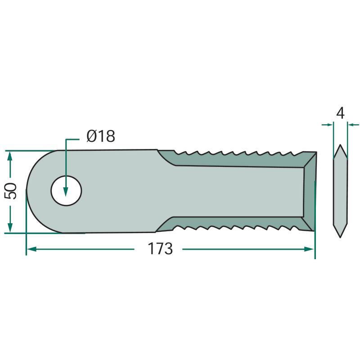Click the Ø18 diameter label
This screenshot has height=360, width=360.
(x=101, y=136)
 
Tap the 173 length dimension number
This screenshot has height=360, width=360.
(x=160, y=249)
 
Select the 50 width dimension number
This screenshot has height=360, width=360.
(x=11, y=191)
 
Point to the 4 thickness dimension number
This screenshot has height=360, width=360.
(x=340, y=113)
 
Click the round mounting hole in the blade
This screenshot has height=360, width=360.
(x=66, y=191)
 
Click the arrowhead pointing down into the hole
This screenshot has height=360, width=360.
(x=66, y=191)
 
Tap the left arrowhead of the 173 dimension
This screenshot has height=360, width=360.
(x=31, y=249)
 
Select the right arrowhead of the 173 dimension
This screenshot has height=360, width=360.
(x=309, y=249)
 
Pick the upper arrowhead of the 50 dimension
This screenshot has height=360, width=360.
(x=9, y=156)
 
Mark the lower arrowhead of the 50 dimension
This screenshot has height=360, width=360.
(x=9, y=227)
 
